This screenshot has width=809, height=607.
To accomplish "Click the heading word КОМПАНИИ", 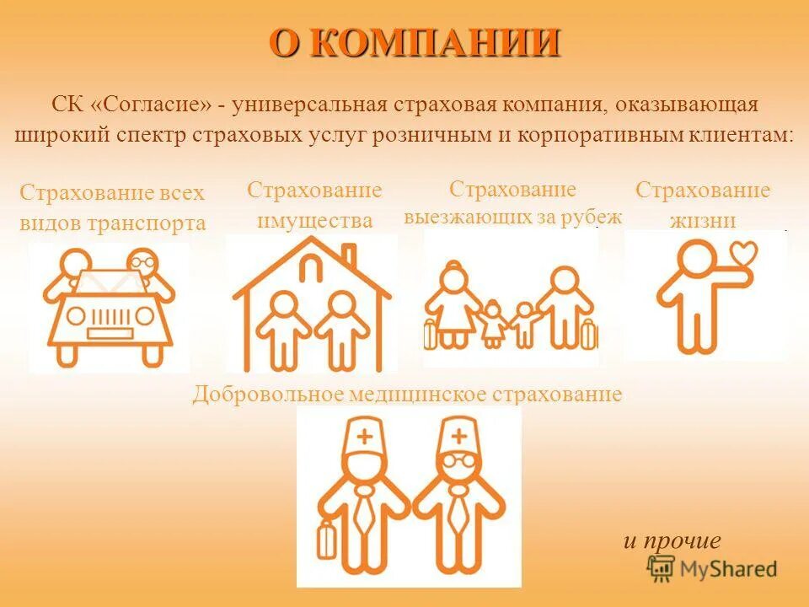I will click(x=435, y=43).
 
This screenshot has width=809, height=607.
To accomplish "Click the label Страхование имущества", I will click(x=314, y=205).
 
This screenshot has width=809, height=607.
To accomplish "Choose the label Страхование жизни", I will click(x=703, y=205).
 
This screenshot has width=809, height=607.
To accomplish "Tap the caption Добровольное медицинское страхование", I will click(x=407, y=394).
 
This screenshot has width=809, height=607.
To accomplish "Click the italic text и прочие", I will click(x=672, y=540).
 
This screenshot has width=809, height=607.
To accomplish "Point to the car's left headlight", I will click(x=75, y=316).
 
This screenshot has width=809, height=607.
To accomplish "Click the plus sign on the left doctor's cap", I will click(x=364, y=437).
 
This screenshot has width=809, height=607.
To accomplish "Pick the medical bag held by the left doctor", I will click(x=325, y=540).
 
